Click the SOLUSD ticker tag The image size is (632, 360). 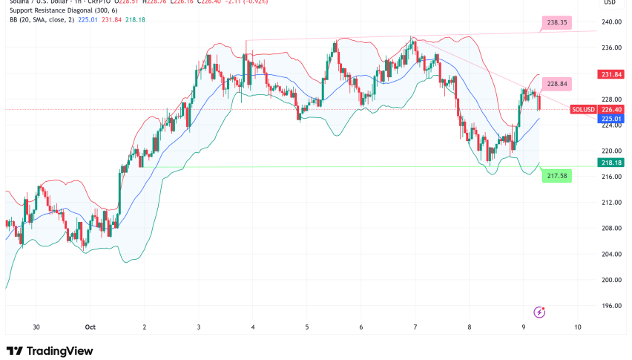(x=581, y=109)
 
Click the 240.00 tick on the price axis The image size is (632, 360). (x=611, y=22)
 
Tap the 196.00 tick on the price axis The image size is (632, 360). (x=611, y=306)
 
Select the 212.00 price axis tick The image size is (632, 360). (x=611, y=203)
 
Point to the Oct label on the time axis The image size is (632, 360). (x=90, y=327)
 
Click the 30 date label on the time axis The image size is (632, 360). (x=36, y=327)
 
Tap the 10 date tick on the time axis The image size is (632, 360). (x=577, y=327)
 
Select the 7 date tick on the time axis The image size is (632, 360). (x=415, y=327)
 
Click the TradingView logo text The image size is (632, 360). (x=50, y=350)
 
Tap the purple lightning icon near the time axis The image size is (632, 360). (x=539, y=312)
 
